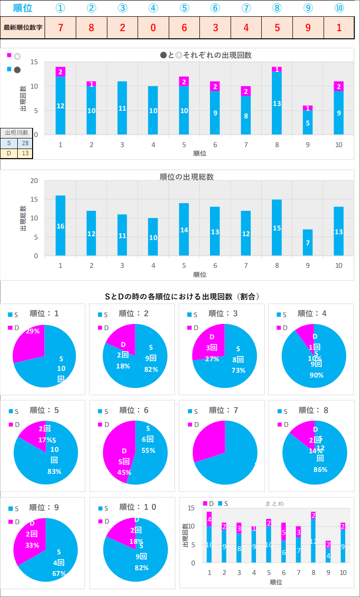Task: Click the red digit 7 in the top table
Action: tap(60, 27)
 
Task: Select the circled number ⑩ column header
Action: tap(339, 8)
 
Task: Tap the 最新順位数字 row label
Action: tap(23, 27)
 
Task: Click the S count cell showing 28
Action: tap(25, 143)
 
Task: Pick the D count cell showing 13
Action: tap(25, 153)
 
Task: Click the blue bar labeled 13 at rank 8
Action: tap(277, 103)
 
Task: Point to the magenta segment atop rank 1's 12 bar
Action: tap(60, 72)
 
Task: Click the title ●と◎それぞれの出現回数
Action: tap(206, 55)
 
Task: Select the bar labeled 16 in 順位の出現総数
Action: tap(60, 225)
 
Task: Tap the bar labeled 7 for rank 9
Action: tap(307, 242)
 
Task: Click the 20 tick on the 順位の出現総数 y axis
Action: tap(34, 181)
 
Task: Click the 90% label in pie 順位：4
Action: tap(316, 375)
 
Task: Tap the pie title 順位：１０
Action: tap(138, 507)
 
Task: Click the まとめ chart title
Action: tap(274, 503)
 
